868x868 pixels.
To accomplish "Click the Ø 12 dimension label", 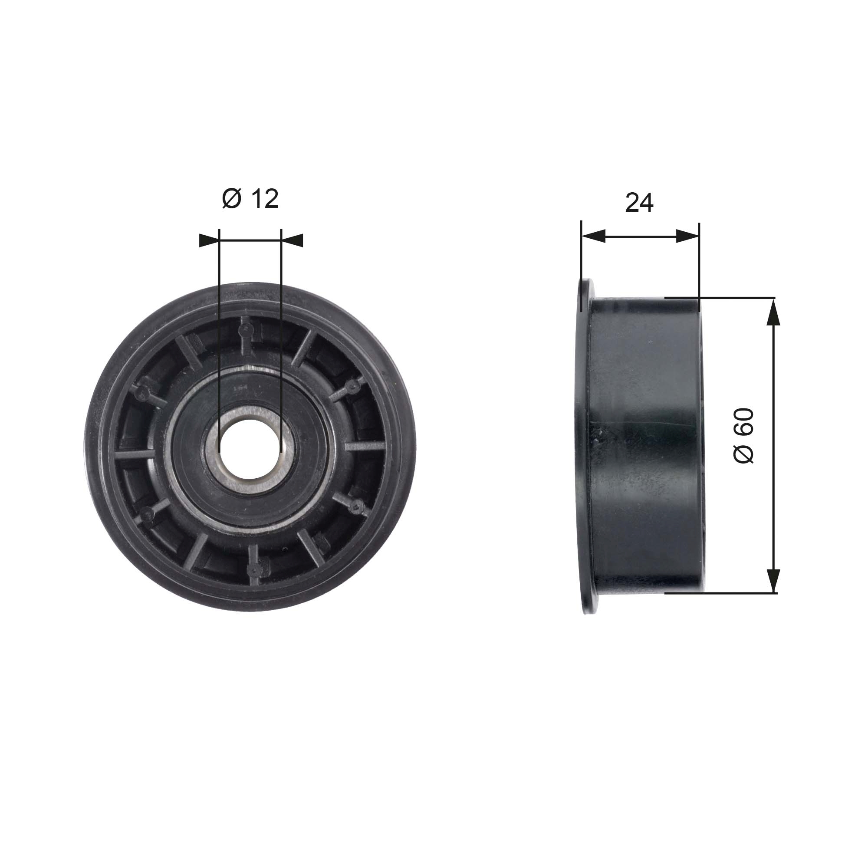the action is pos(250,199).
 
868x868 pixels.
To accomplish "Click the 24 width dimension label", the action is pos(639,203).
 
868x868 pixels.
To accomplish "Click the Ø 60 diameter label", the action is pos(743,436).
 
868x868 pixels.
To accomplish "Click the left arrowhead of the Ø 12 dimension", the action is pos(209,240).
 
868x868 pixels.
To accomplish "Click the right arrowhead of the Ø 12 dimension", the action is pos(292,240).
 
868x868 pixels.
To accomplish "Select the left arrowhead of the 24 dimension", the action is pos(593,236).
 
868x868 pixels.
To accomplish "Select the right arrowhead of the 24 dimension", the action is pos(688,236).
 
